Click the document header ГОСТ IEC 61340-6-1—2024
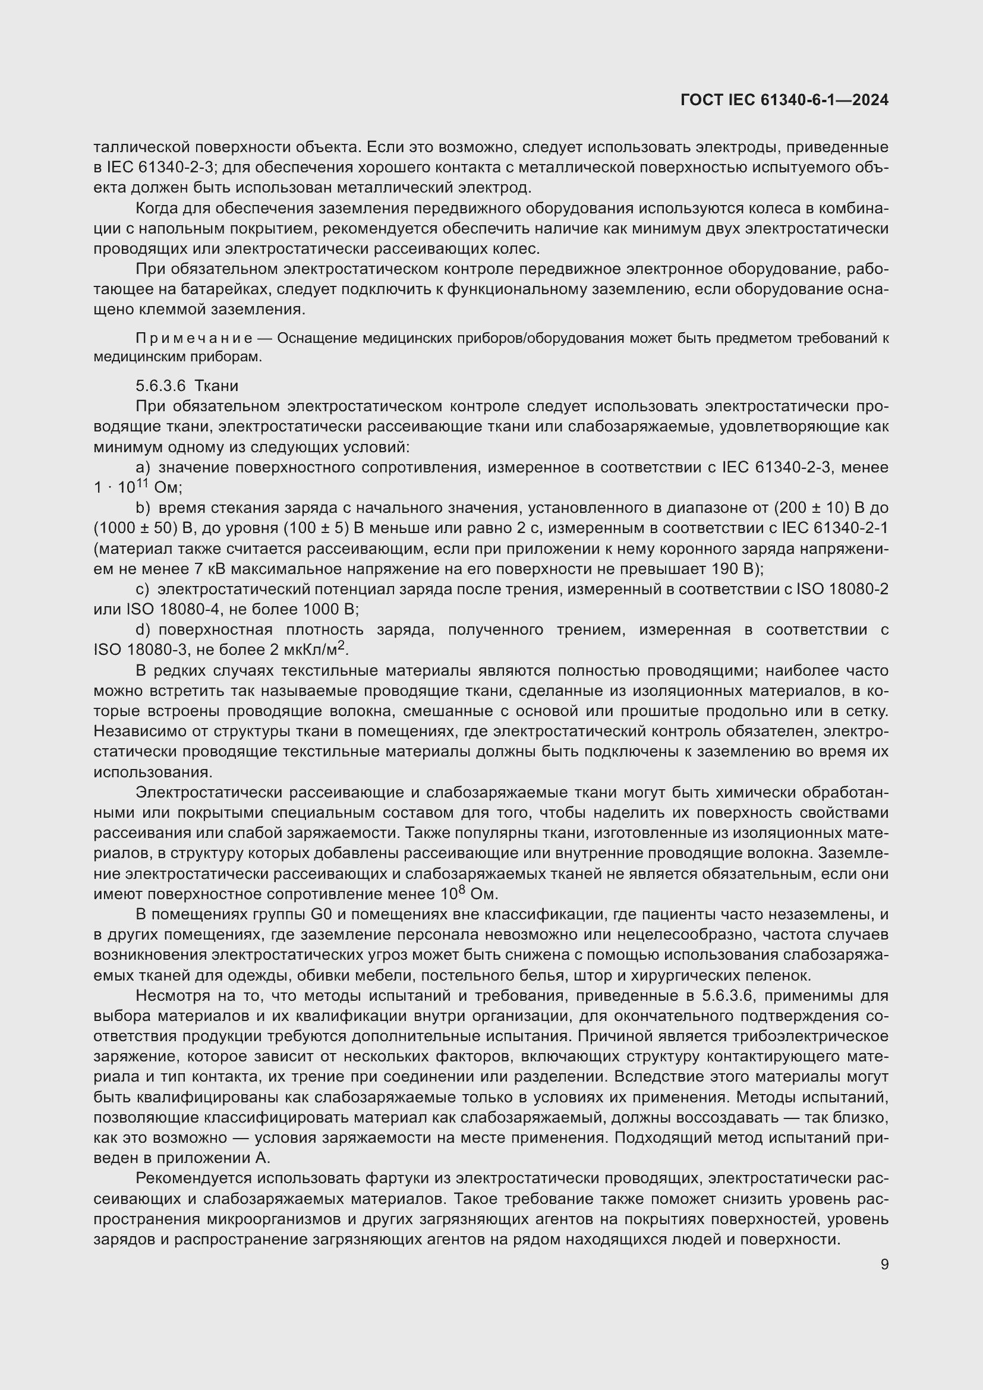click(784, 100)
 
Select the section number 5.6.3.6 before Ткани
click(160, 386)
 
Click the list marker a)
click(143, 467)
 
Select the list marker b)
click(143, 508)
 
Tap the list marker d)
click(143, 629)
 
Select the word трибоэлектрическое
click(810, 1036)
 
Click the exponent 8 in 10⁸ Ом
click(461, 891)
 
